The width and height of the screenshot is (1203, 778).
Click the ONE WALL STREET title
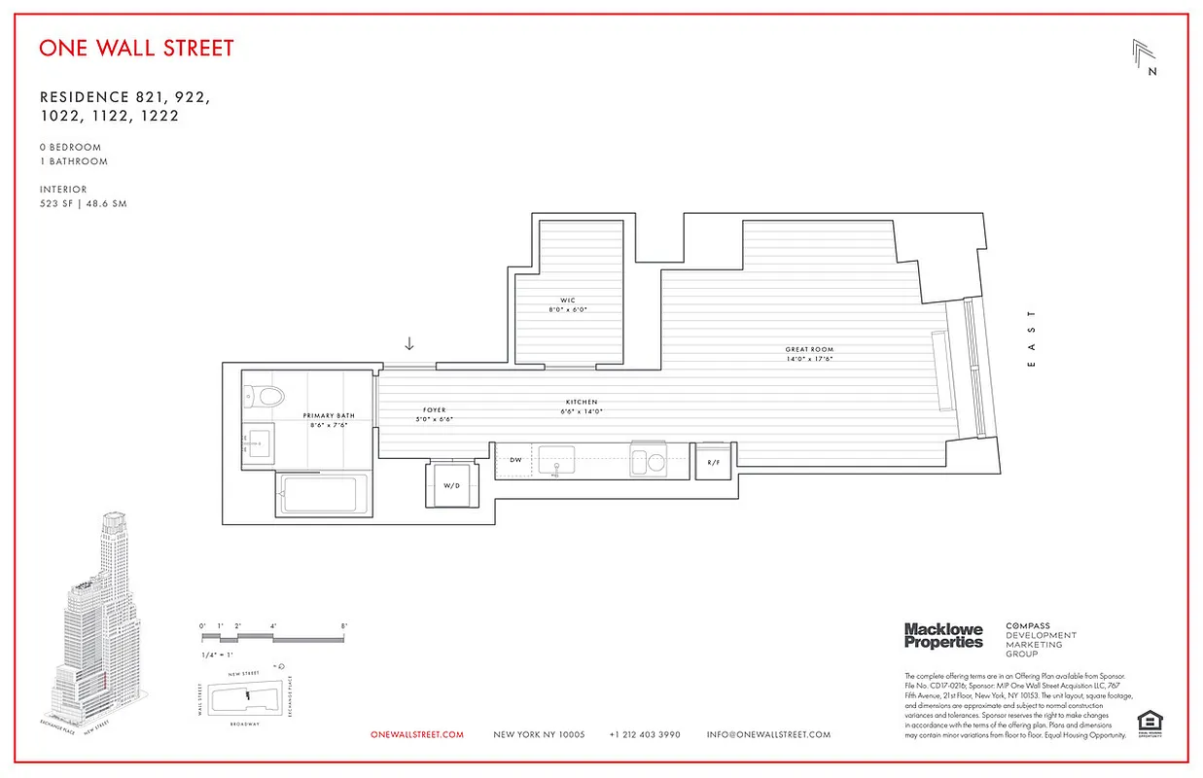[x=136, y=48]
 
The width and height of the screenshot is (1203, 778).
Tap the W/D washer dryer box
[x=451, y=484]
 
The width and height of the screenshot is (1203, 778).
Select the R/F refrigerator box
[x=713, y=463]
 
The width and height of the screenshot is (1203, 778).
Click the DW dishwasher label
[x=515, y=460]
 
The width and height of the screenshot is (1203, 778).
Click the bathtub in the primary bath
[x=325, y=497]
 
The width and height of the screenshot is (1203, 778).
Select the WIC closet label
[x=568, y=300]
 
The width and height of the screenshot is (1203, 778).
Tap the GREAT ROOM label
[x=809, y=350]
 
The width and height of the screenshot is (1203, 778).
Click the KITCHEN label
[x=582, y=403]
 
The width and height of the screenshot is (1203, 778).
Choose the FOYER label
[x=434, y=410]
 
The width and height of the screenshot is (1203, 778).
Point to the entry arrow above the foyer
[x=409, y=343]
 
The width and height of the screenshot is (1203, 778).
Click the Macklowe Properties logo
[x=942, y=636]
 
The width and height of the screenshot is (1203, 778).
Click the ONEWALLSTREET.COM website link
[x=417, y=735]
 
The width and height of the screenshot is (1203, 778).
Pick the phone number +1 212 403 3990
[x=645, y=735]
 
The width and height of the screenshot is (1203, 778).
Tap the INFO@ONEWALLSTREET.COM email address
[x=768, y=735]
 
